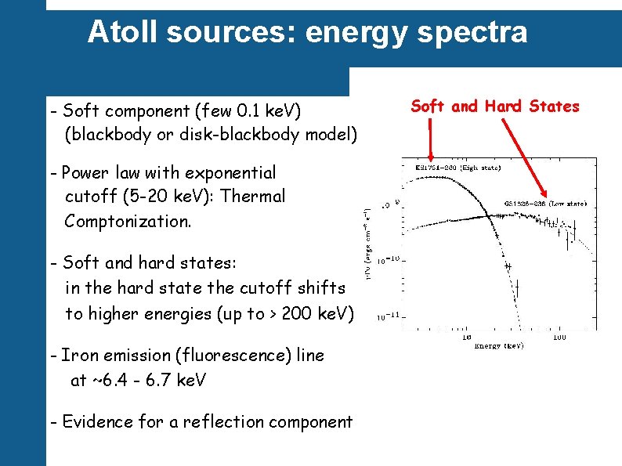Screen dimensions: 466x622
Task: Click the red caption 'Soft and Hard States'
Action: [x=495, y=107]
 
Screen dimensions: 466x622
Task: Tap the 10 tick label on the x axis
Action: [x=466, y=337]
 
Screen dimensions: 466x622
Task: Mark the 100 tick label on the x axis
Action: [x=559, y=337]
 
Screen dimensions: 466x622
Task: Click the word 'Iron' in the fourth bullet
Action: [x=81, y=356]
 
